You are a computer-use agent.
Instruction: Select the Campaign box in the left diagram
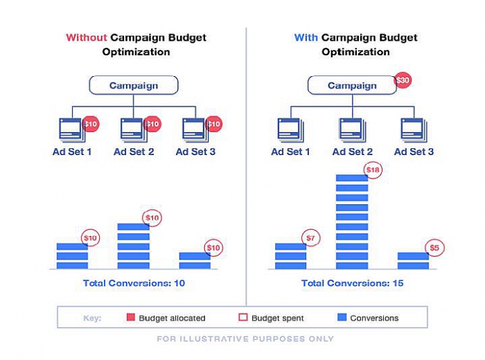pyautogui.click(x=134, y=86)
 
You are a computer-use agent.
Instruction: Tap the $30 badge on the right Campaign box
pyautogui.click(x=403, y=80)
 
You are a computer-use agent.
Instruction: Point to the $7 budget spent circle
pyautogui.click(x=312, y=239)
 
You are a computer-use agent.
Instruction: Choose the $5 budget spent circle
pyautogui.click(x=434, y=248)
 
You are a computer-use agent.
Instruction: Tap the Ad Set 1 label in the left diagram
pyautogui.click(x=71, y=152)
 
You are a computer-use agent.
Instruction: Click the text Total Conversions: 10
pyautogui.click(x=134, y=283)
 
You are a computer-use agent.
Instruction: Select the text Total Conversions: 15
pyautogui.click(x=352, y=283)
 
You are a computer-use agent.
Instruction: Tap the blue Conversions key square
pyautogui.click(x=341, y=318)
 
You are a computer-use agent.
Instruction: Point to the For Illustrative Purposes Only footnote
pyautogui.click(x=245, y=339)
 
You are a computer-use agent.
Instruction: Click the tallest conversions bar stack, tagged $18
pyautogui.click(x=351, y=222)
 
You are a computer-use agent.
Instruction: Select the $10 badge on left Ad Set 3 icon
pyautogui.click(x=213, y=125)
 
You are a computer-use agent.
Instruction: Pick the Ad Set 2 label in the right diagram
pyautogui.click(x=352, y=152)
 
